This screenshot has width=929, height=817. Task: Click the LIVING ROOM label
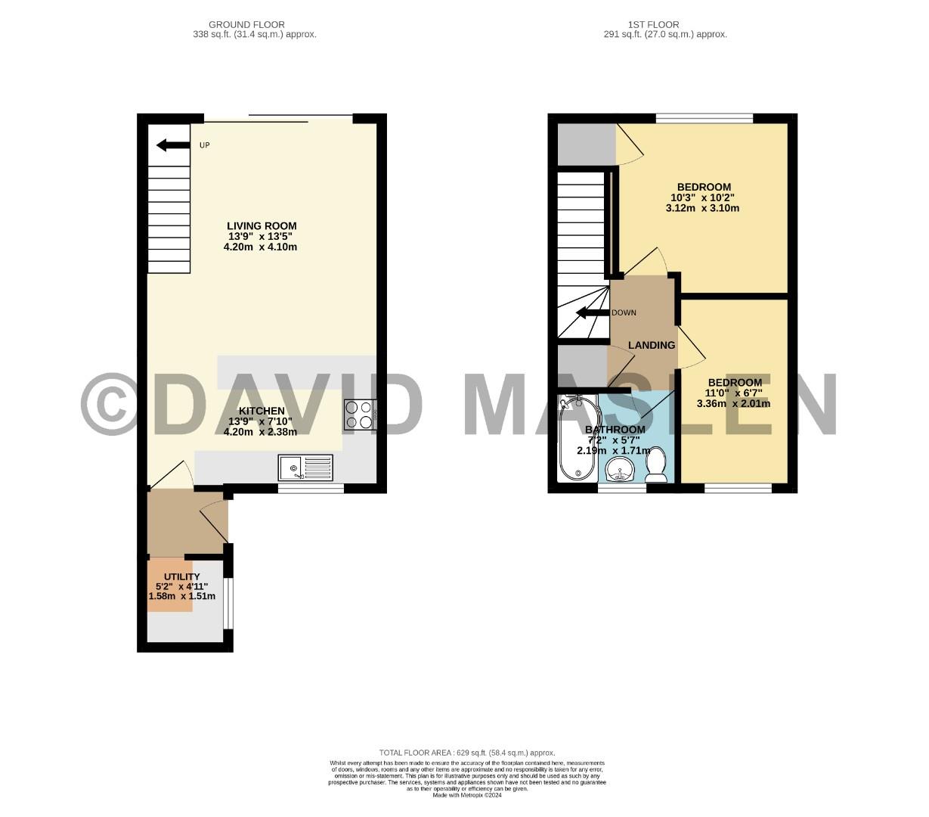[262, 225]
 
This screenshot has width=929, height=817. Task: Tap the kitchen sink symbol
[305, 468]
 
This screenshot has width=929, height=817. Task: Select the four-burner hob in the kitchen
[359, 415]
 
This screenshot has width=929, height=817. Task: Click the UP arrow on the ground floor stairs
[172, 145]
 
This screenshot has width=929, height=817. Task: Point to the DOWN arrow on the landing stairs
[592, 312]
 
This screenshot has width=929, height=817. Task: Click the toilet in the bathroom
[656, 464]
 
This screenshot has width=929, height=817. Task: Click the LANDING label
[651, 345]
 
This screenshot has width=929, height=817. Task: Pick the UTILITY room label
[182, 576]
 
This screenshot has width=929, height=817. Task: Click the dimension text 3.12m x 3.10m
[702, 207]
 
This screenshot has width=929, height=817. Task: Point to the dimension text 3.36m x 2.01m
[733, 403]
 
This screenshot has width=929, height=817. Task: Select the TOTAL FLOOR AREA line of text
[466, 753]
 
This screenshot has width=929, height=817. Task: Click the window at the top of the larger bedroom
[704, 118]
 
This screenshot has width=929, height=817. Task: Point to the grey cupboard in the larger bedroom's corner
[586, 144]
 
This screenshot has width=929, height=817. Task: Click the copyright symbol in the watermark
[109, 405]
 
